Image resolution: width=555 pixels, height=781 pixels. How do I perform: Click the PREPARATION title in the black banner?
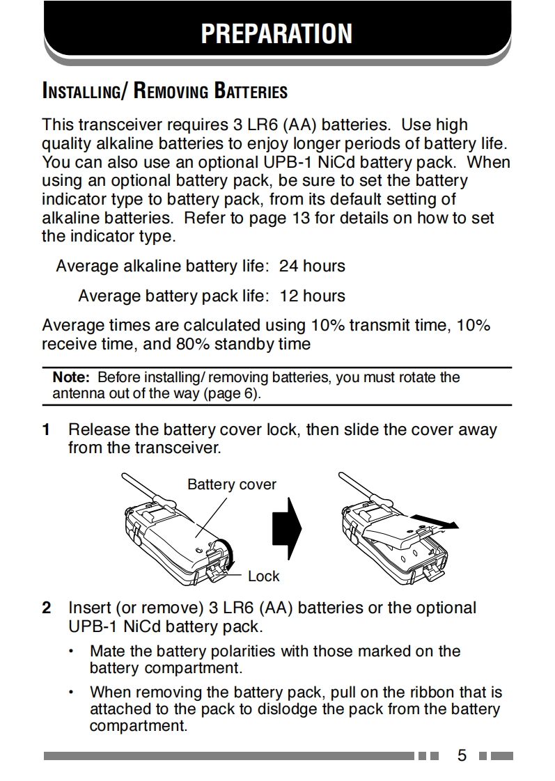[276, 33]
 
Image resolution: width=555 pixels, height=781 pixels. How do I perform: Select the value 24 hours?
[312, 266]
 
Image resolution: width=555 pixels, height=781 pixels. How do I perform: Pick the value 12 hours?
[312, 296]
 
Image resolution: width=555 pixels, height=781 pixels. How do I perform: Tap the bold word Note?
[72, 377]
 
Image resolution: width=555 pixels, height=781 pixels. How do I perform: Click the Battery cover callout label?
[232, 484]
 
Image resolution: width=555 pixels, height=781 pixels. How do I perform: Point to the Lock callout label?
[263, 576]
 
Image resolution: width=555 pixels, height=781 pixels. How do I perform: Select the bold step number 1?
[47, 429]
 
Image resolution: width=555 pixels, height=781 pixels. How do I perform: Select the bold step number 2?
[47, 608]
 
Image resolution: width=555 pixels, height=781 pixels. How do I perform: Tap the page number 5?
[462, 755]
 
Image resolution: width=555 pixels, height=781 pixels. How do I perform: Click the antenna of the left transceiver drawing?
[136, 485]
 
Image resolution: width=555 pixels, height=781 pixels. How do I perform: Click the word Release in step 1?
[96, 429]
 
